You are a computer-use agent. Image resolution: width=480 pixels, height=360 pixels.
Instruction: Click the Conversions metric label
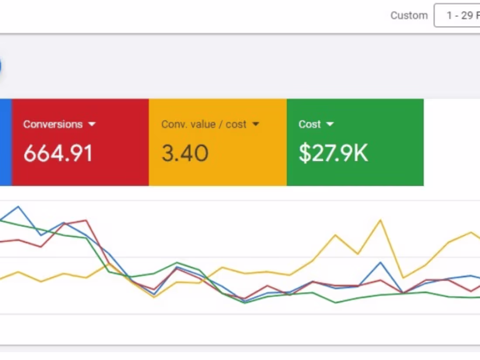point(53,124)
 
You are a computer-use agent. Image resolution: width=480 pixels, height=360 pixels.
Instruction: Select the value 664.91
point(58,153)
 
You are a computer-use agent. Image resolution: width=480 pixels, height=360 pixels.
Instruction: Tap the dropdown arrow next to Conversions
point(92,124)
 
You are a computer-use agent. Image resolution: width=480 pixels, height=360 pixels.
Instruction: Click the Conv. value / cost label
point(204,124)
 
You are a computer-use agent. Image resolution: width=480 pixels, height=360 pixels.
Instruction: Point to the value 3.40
point(185,153)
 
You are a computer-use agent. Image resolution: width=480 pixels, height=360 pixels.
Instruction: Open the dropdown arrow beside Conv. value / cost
point(256,124)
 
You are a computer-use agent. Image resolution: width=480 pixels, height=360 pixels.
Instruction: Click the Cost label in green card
point(310,124)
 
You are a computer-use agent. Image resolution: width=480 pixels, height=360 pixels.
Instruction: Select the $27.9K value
point(333,153)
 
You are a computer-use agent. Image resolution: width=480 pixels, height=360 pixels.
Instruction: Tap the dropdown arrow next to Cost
point(330,124)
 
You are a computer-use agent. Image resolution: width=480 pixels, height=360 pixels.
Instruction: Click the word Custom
point(409,16)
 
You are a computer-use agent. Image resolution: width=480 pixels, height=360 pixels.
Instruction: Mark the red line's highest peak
point(87,220)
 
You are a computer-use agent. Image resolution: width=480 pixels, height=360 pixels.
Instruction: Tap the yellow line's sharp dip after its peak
point(403,278)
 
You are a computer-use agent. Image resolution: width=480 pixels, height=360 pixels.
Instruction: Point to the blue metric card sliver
point(5,142)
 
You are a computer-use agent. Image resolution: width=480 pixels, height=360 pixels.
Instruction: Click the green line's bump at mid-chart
point(177,263)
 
